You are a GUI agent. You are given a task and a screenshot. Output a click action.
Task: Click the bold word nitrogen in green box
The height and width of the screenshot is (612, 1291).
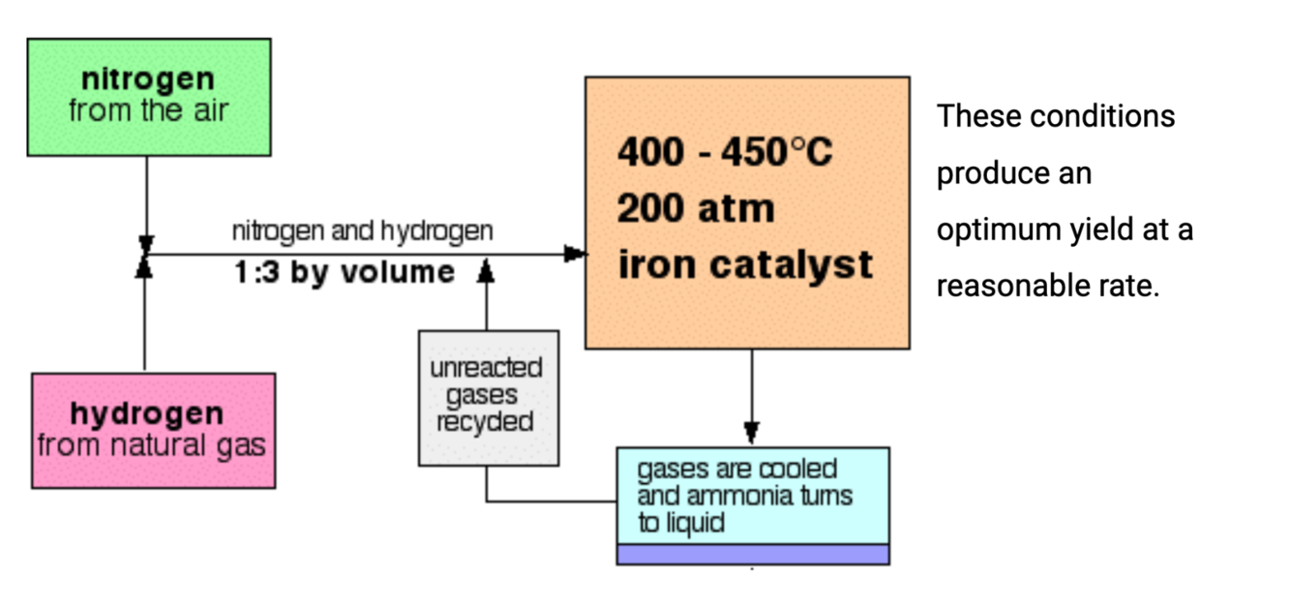148,78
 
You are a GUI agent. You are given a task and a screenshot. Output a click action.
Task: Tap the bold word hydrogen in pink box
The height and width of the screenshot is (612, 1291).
146,413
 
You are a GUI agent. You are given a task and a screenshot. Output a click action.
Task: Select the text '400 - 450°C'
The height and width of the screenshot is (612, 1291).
725,152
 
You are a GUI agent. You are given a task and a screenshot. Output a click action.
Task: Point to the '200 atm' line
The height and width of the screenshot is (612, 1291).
696,208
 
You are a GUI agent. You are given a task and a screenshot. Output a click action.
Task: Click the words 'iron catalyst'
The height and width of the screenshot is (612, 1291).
745,264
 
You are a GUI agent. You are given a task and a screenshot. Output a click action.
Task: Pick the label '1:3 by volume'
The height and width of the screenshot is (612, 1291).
344,272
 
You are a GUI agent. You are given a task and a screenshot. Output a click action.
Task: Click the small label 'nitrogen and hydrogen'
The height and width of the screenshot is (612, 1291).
362,231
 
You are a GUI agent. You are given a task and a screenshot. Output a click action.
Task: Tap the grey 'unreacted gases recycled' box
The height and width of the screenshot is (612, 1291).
488,397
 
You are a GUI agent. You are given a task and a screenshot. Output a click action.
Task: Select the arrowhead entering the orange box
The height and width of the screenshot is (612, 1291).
576,255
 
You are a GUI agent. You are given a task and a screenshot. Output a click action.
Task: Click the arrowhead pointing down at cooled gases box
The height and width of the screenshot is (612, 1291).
752,433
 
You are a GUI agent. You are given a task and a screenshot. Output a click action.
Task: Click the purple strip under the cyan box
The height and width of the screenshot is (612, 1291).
752,554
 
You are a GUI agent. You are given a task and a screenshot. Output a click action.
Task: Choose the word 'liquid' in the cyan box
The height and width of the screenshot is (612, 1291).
694,524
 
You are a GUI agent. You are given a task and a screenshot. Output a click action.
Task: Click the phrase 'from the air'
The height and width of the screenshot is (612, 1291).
148,109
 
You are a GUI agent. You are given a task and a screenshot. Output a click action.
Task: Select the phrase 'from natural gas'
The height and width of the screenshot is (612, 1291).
152,445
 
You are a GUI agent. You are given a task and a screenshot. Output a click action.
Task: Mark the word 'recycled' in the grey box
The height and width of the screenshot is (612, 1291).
485,421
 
